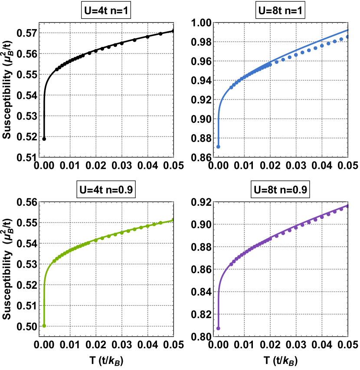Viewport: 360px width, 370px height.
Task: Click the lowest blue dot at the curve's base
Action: tap(218, 147)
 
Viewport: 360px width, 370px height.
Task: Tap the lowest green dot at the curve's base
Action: tap(44, 326)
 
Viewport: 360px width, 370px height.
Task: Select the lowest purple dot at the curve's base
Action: tap(218, 328)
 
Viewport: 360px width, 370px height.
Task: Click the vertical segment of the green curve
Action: tap(44, 304)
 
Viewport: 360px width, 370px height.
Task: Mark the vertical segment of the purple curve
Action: tap(218, 308)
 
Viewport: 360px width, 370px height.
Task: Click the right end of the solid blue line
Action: tap(347, 30)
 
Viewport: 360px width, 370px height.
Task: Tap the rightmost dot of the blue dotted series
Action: tap(347, 37)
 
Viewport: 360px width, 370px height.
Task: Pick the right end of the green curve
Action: tap(173, 220)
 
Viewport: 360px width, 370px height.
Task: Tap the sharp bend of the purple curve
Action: tap(220, 280)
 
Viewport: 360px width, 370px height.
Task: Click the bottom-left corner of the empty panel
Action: tap(39, 157)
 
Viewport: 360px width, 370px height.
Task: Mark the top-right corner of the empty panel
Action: tap(173, 23)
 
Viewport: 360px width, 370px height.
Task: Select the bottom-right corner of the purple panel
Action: tap(347, 336)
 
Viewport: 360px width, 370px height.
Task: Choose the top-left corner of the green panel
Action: tap(39, 202)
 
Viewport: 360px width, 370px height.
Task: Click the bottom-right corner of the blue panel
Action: tap(347, 157)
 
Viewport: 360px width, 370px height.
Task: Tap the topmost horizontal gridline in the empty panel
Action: tap(106, 33)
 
